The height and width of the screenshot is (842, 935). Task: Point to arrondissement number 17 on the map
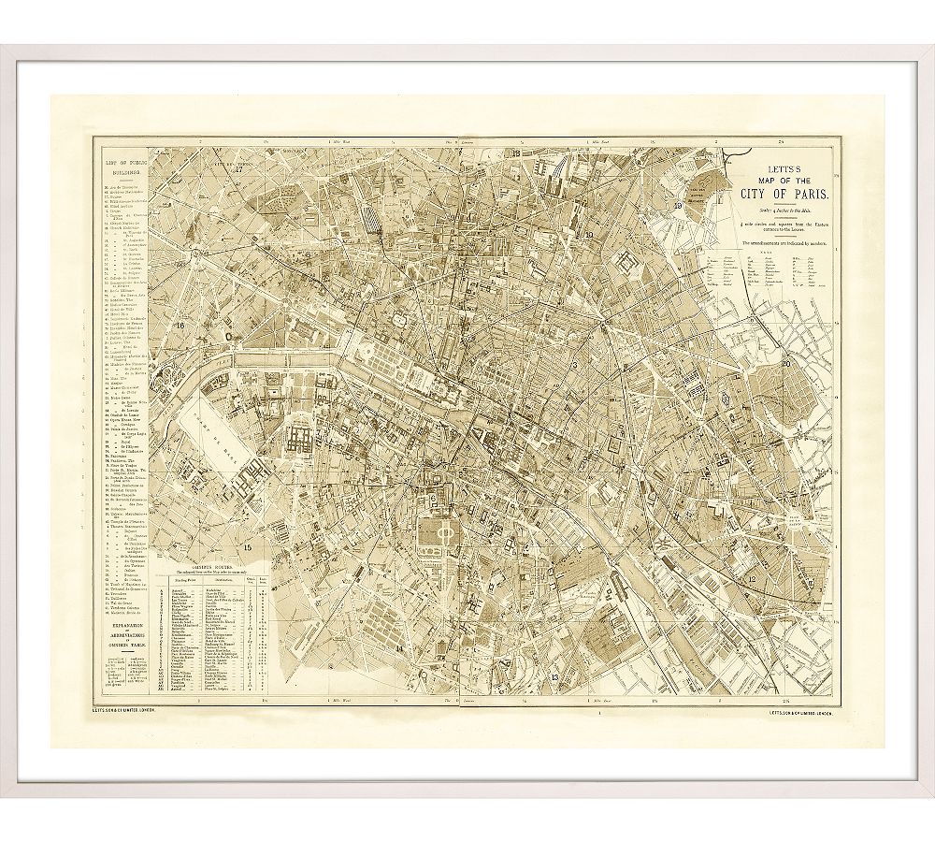tap(238, 169)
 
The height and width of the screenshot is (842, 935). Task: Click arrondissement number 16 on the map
tap(180, 326)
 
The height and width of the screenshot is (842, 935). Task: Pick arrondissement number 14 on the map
tap(401, 647)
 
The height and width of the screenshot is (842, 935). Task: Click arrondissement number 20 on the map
tap(787, 362)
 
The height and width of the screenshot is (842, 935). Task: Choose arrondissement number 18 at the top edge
tap(514, 152)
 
